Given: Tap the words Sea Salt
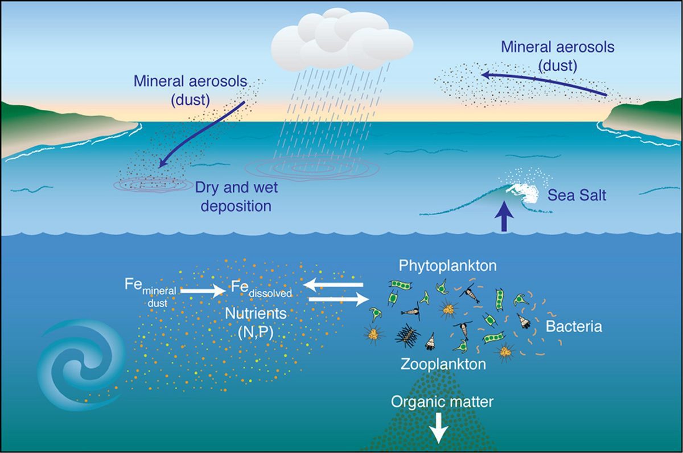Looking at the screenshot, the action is pos(577,195).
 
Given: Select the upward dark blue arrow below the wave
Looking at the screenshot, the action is pos(504,216).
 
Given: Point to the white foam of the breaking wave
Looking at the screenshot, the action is pos(521,195).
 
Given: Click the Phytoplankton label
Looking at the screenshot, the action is pos(447,266).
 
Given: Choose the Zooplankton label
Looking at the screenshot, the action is pos(443,364).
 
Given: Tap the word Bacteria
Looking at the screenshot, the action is pos(574,327).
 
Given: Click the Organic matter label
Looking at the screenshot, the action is pos(442,402).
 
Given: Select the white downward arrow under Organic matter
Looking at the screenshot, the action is pos(438,429).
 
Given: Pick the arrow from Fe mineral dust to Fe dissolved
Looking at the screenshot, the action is pos(203,291).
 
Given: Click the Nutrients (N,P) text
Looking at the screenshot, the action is pos(256,323).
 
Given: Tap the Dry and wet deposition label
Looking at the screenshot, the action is pos(236,197).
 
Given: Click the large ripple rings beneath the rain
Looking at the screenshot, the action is pos(312,168).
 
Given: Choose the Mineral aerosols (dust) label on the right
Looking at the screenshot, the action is pos(558,56).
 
